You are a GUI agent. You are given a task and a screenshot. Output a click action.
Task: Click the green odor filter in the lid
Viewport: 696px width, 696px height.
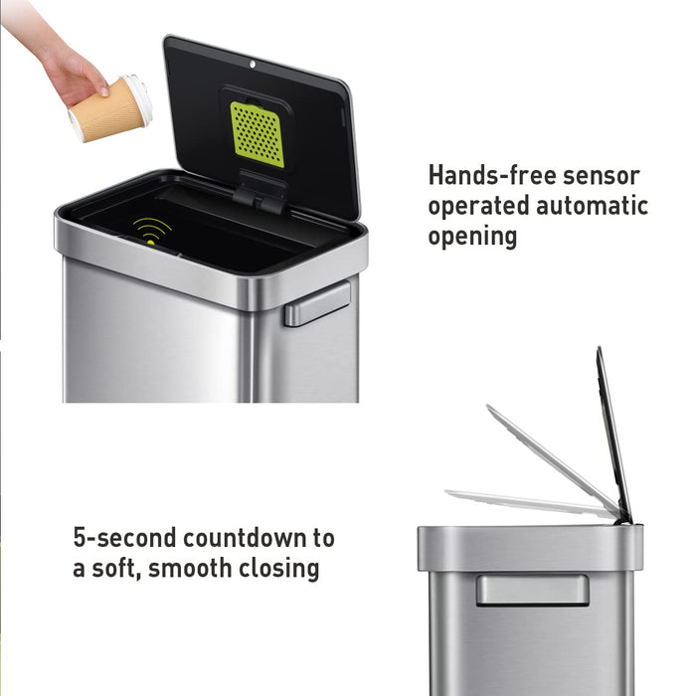[258, 133]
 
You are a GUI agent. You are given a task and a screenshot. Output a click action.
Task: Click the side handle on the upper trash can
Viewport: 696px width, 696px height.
[317, 303]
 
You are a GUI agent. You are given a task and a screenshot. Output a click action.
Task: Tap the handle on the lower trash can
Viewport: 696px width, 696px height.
[531, 590]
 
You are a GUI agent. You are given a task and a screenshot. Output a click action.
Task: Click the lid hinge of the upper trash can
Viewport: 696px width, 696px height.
[261, 193]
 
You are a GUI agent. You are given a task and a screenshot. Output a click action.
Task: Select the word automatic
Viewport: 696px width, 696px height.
[592, 206]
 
